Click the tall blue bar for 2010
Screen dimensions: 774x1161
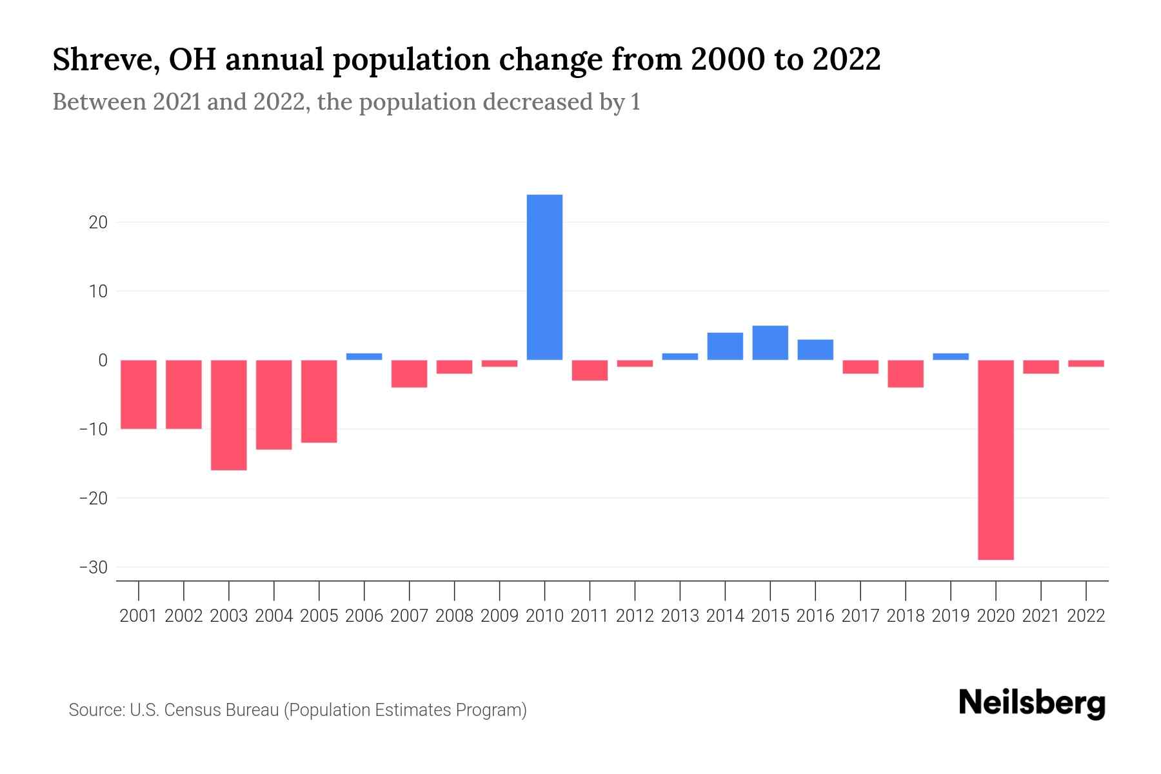click(544, 277)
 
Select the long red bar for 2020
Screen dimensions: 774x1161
click(995, 459)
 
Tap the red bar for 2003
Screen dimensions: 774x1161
click(229, 415)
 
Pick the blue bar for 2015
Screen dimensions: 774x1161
click(770, 342)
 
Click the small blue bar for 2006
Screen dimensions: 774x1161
click(364, 357)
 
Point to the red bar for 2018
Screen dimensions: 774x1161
click(906, 373)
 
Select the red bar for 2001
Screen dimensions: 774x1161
click(139, 394)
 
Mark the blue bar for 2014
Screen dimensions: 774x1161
click(725, 346)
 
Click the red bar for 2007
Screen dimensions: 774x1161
click(409, 373)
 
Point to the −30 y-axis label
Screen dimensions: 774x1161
click(93, 568)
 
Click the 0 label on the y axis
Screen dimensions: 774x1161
click(103, 361)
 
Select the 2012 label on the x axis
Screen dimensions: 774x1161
click(635, 616)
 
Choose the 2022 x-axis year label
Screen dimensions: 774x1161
click(1086, 616)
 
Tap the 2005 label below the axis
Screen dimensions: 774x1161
click(319, 616)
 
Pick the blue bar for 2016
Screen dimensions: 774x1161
click(815, 350)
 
